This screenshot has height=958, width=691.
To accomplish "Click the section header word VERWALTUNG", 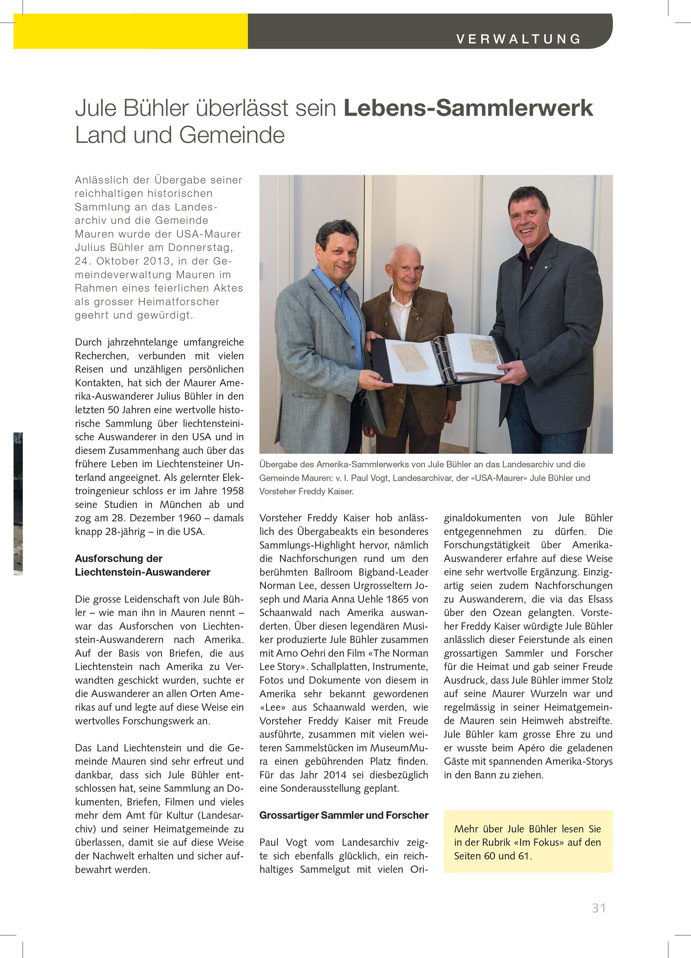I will point(519,39).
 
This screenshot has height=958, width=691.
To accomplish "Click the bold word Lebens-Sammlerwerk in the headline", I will point(468,108).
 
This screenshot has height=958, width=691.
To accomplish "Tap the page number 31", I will point(599,908).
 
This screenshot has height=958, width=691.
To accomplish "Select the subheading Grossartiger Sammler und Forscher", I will point(344,815).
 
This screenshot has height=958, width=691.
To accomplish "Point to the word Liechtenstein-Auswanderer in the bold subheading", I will point(143,572).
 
